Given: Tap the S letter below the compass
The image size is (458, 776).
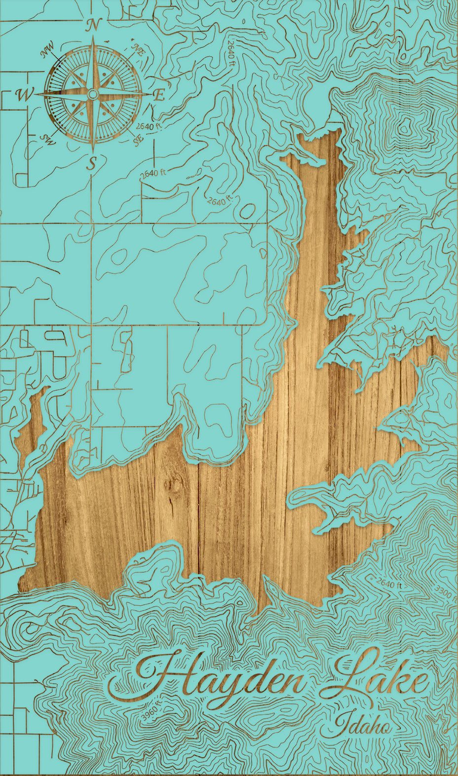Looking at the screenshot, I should point(91,162).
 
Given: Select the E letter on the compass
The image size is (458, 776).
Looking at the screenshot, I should point(158,95).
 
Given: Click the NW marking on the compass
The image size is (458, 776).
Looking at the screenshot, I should point(48,49).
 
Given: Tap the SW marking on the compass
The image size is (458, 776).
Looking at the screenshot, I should point(48,140).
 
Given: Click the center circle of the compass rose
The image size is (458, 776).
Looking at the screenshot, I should point(92,94).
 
